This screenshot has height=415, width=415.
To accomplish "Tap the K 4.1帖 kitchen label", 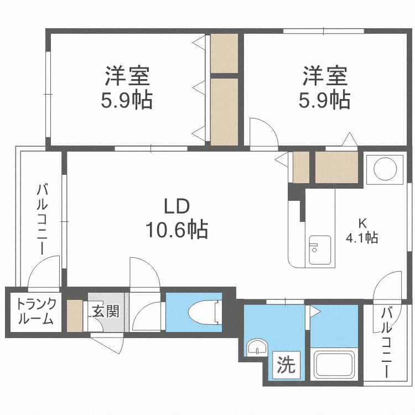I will [x=362, y=231].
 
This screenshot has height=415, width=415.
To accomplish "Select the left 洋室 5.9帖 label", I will [x=127, y=88].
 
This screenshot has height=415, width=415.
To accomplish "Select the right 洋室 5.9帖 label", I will [x=325, y=88].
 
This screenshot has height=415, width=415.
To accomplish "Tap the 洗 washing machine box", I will [x=286, y=365].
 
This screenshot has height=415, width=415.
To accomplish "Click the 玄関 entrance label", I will [x=105, y=312].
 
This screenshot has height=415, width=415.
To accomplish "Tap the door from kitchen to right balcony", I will [x=388, y=286].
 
